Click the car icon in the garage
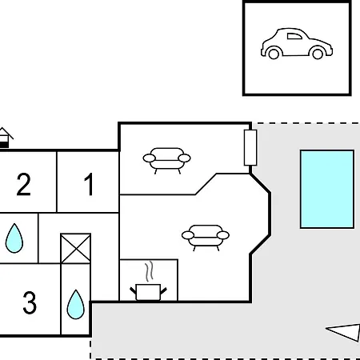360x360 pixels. coord(297,43)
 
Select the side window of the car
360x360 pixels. coord(294,36)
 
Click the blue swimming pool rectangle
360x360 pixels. coord(327,189)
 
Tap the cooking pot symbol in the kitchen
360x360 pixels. coord(148,292)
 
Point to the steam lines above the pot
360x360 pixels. coord(150,271)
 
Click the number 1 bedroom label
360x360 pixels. coord(89,184)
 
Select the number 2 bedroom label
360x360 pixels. coord(23,184)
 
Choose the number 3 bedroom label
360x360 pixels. coord(30,302)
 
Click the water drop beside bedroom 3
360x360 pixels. coord(76,304)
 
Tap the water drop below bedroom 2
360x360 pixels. coord(14,238)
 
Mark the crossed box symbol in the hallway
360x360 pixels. coord(76,249)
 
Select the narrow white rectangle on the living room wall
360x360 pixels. coord(250,148)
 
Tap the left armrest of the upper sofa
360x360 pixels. coord(149,158)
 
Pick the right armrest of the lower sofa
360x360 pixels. coord(223,235)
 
